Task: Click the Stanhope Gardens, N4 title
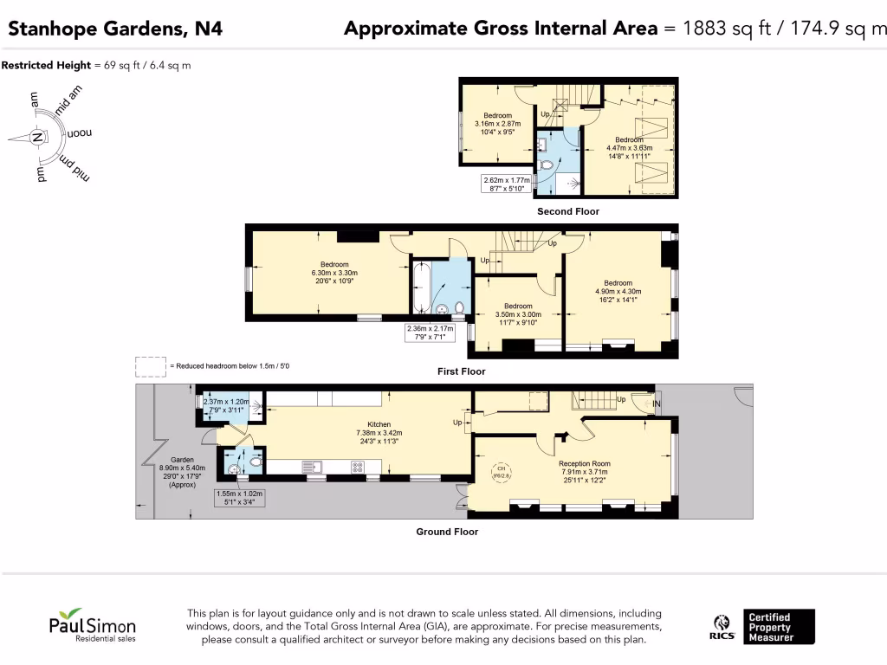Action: tap(115, 29)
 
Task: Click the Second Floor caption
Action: tap(567, 211)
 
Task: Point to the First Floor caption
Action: tap(461, 371)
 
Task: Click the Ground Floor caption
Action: tap(447, 532)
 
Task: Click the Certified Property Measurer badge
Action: tap(780, 627)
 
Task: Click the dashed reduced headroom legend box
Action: tap(150, 366)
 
